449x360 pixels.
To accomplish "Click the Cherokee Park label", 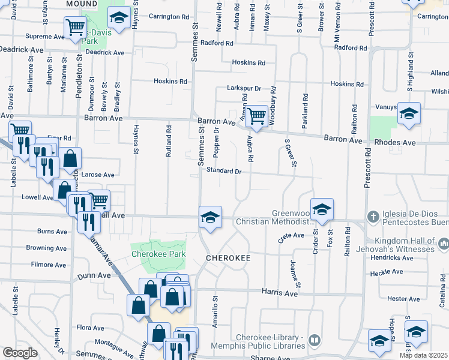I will point(158,254).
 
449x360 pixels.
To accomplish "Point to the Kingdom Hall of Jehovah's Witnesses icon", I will point(444,244).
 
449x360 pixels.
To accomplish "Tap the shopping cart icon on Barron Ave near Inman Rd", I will point(257,116).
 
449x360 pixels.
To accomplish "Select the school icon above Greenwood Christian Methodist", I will point(322,209).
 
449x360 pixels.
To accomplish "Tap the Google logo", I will point(20,353).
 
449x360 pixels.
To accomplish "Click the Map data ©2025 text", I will point(424,355).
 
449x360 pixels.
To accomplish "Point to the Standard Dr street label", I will point(224,171).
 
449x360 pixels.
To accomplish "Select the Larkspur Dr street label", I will point(244,88).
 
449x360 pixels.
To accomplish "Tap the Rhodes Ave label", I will point(394,143).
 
